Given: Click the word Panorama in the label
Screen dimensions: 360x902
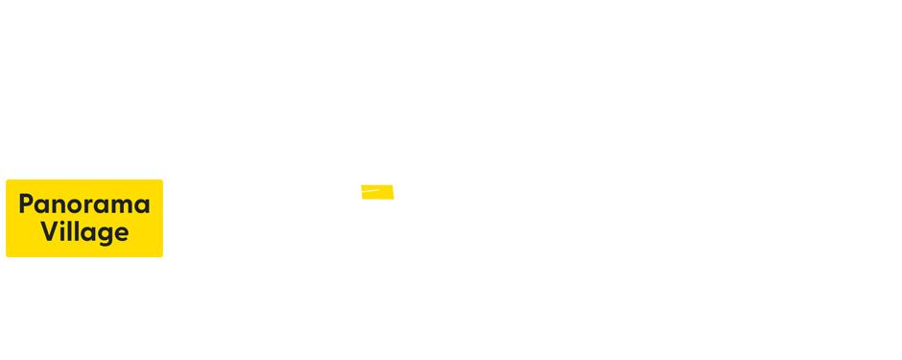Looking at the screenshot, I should (x=84, y=204).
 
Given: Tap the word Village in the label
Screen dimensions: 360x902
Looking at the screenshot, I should (x=84, y=232).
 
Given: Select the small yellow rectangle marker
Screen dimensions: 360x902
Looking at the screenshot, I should (x=377, y=192).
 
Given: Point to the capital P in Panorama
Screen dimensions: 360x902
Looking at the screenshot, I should (x=26, y=204).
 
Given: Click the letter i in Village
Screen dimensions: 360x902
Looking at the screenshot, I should (x=63, y=231).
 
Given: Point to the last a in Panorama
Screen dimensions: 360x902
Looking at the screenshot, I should (x=142, y=206).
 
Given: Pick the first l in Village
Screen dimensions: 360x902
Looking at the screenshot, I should (x=70, y=231).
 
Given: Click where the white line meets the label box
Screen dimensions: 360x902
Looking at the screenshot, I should (x=164, y=213).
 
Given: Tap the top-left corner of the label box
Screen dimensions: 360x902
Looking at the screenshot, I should (x=6, y=180).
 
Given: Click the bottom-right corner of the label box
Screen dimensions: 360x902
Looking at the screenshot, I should (x=163, y=257).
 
